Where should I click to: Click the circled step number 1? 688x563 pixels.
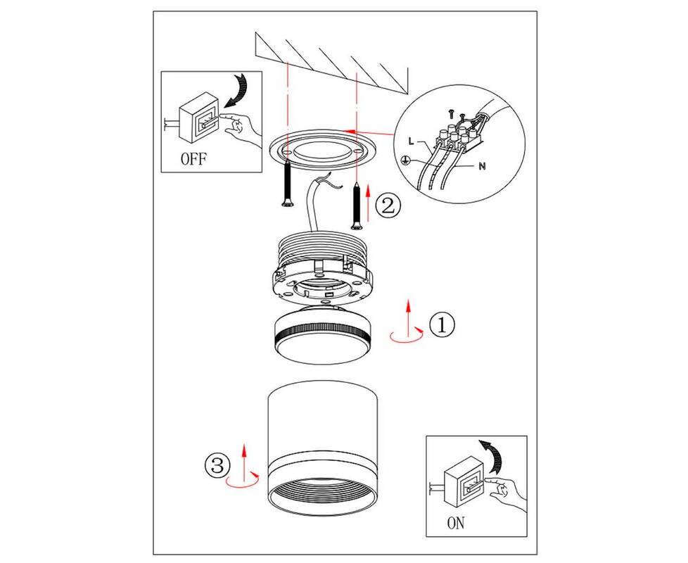point(442,324)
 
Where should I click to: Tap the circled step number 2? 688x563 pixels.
point(388,205)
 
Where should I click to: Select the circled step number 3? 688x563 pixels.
point(217,466)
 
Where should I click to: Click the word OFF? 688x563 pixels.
point(193,158)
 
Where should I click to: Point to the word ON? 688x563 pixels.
point(455,523)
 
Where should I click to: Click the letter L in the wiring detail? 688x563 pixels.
point(411,141)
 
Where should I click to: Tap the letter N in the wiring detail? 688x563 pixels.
point(482,166)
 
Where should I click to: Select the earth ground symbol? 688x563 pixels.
point(407,160)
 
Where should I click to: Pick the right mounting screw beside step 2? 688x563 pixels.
point(357,206)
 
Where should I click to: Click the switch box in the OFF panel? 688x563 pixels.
point(199,117)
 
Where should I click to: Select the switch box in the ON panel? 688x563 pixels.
point(465,481)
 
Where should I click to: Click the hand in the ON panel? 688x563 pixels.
point(507,495)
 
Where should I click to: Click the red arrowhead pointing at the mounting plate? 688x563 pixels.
point(349,131)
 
